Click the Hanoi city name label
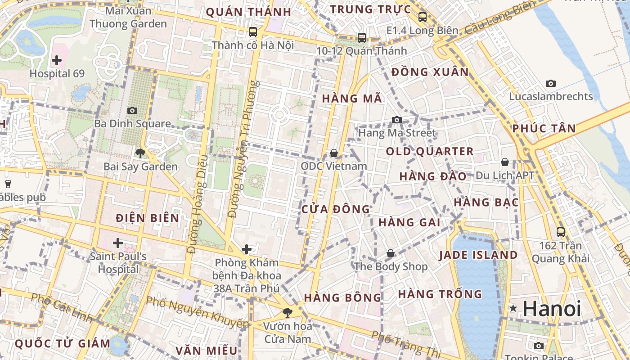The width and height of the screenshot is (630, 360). pyautogui.click(x=552, y=309)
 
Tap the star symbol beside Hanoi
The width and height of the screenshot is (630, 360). pyautogui.click(x=513, y=308)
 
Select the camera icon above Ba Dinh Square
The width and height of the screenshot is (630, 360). pyautogui.click(x=132, y=110)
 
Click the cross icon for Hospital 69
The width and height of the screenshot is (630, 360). pyautogui.click(x=57, y=60)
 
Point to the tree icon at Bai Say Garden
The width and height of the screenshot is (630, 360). pyautogui.click(x=140, y=153)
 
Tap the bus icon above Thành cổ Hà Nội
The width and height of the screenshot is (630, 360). pyautogui.click(x=253, y=32)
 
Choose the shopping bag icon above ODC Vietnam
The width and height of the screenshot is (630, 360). pyautogui.click(x=334, y=153)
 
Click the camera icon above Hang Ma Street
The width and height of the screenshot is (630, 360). pyautogui.click(x=396, y=120)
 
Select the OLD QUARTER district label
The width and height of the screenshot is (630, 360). pyautogui.click(x=430, y=152)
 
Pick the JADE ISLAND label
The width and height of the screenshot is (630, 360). pyautogui.click(x=478, y=255)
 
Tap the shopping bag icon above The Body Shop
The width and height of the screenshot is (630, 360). pyautogui.click(x=390, y=253)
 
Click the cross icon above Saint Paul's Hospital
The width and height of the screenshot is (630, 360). pyautogui.click(x=118, y=243)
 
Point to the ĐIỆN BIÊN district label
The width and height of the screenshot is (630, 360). pyautogui.click(x=148, y=218)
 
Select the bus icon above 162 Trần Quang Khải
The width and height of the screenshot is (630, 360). pyautogui.click(x=561, y=232)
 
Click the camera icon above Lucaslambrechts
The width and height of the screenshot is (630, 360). pyautogui.click(x=550, y=83)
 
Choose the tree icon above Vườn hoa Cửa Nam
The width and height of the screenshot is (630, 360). pyautogui.click(x=287, y=312)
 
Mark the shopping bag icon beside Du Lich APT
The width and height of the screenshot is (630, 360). pyautogui.click(x=505, y=162)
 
